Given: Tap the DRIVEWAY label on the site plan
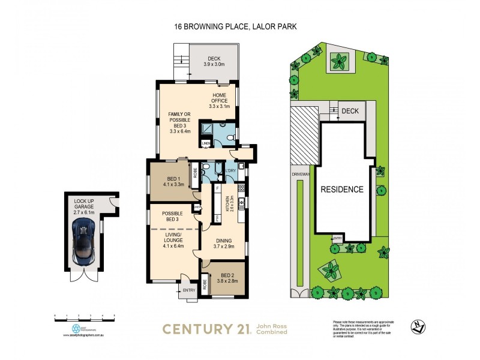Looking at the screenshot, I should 300,176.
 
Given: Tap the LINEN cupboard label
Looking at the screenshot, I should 205,143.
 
